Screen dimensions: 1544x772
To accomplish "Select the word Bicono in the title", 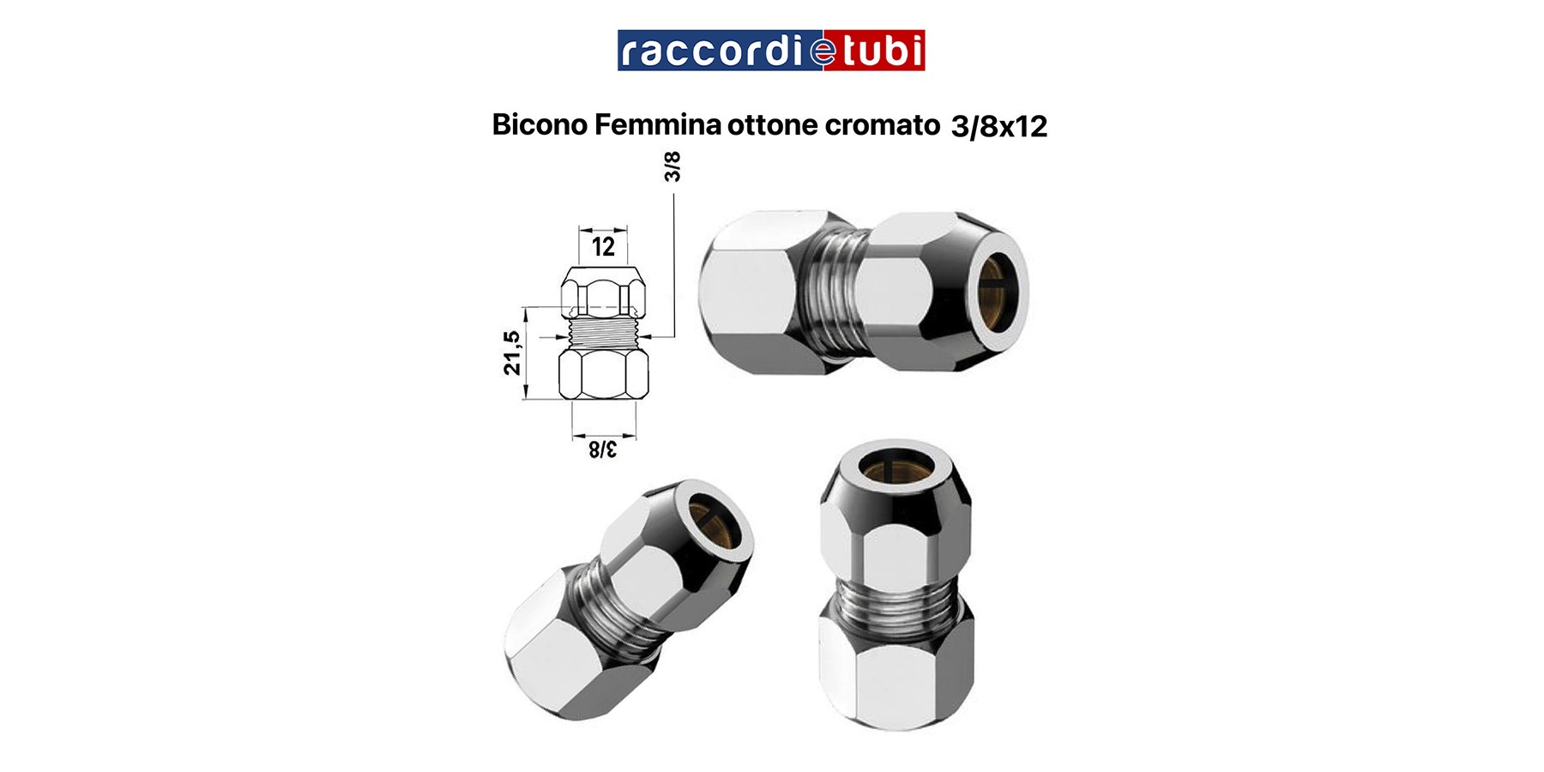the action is tap(540, 125).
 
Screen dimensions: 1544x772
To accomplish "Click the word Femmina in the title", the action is tap(657, 125).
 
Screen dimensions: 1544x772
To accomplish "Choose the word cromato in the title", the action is tap(883, 126).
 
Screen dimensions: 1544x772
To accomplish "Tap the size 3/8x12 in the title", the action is tap(999, 127).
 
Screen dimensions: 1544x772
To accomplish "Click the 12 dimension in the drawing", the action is tap(603, 247).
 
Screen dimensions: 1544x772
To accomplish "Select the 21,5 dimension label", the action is tap(512, 353).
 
